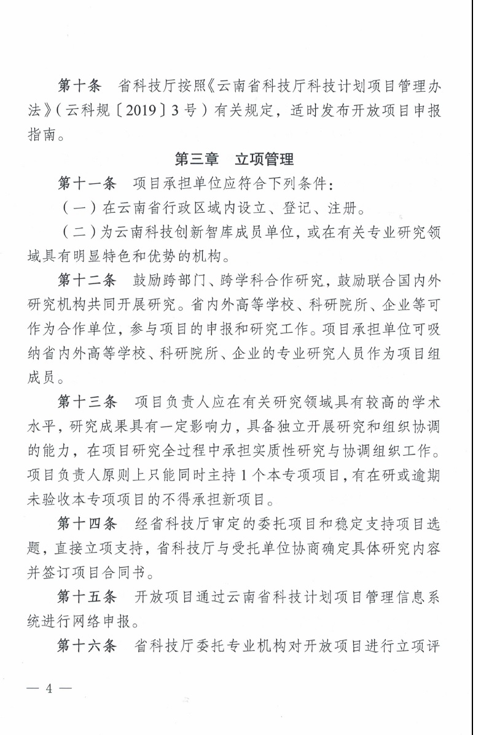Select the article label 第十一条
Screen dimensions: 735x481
tap(87, 183)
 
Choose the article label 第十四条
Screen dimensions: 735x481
tap(87, 525)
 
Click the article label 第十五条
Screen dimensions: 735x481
tap(87, 597)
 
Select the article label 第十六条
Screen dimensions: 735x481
tap(87, 646)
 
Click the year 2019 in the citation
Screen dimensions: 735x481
tap(143, 110)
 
